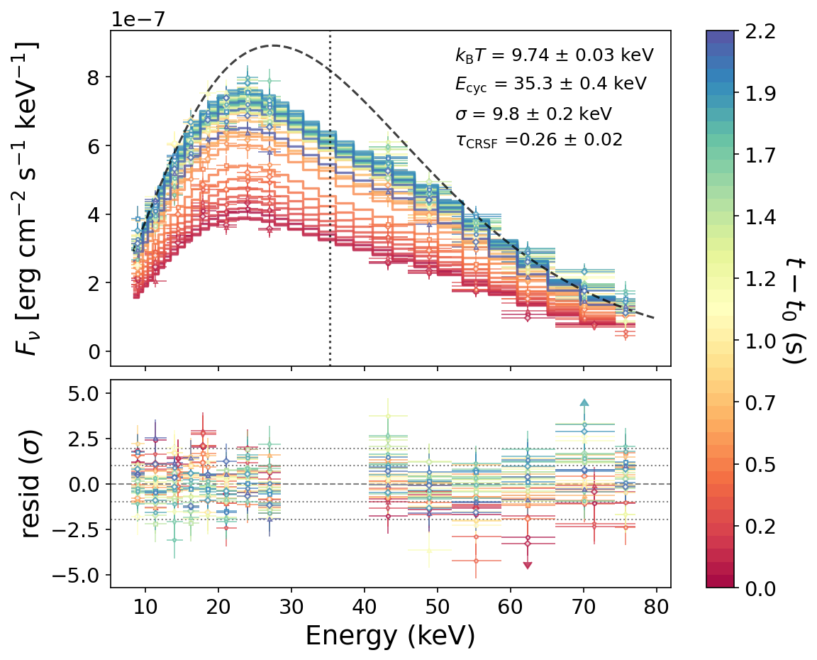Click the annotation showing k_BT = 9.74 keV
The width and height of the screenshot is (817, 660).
pyautogui.click(x=554, y=55)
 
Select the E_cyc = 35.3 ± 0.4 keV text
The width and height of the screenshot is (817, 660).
pyautogui.click(x=550, y=84)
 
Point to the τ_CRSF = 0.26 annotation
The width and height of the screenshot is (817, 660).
pyautogui.click(x=539, y=141)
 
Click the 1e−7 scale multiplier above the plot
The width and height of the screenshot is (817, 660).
pyautogui.click(x=137, y=18)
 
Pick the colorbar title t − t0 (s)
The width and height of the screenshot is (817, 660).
pyautogui.click(x=796, y=310)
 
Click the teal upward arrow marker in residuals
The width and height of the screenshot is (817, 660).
pyautogui.click(x=584, y=402)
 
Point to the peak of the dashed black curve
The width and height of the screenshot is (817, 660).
pyautogui.click(x=274, y=45)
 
